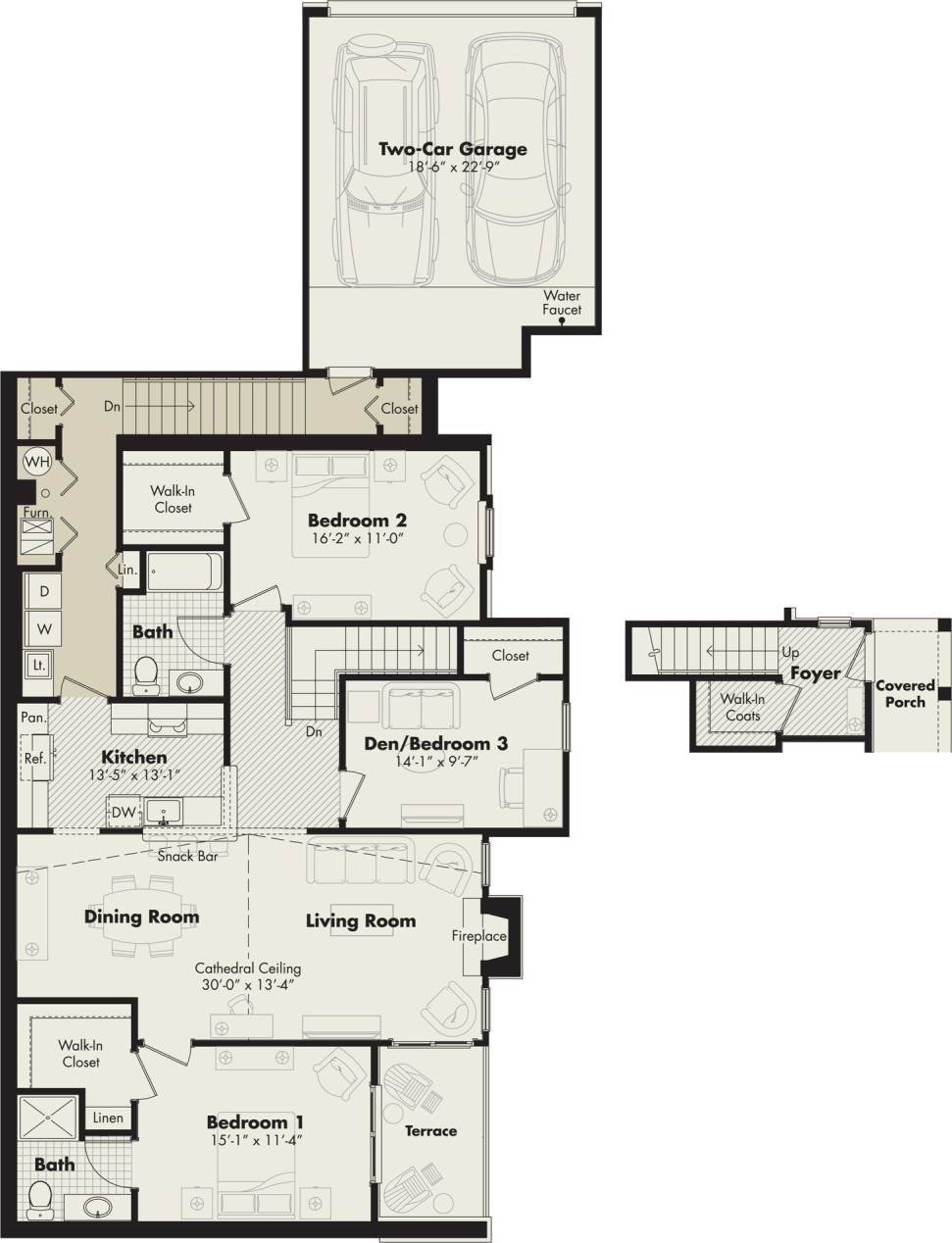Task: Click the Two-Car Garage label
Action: click(x=453, y=149)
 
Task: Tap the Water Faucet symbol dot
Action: click(x=562, y=330)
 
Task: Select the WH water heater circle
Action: click(x=37, y=461)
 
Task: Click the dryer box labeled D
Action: click(x=44, y=591)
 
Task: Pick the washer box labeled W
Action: click(x=44, y=627)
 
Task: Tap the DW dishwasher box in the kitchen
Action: click(x=123, y=812)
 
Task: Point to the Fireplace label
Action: click(x=478, y=936)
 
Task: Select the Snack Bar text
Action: click(x=187, y=856)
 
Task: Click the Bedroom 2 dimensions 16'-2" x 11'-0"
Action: click(x=357, y=538)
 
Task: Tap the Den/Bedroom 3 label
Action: click(x=435, y=743)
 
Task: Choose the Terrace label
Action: click(x=430, y=1130)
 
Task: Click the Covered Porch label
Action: click(x=904, y=693)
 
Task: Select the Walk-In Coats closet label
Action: click(x=742, y=707)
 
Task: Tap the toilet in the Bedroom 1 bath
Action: click(x=40, y=1197)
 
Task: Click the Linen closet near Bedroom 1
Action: click(x=108, y=1118)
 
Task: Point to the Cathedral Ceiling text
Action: click(x=247, y=968)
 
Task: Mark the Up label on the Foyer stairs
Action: click(x=790, y=652)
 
